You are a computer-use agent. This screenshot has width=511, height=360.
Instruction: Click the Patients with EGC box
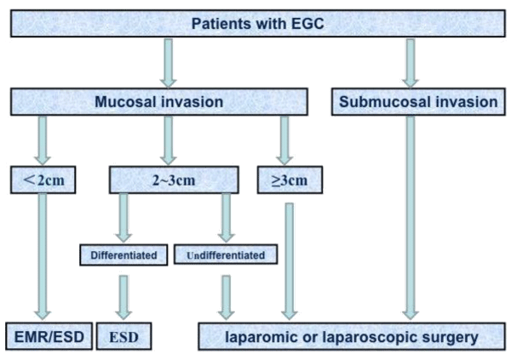[258, 24]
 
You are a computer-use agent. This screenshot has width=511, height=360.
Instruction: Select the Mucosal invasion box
[159, 101]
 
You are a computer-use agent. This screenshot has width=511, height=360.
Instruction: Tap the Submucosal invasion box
[418, 101]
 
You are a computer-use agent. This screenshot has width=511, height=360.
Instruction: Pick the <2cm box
[43, 180]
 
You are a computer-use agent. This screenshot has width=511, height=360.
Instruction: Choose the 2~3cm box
[174, 180]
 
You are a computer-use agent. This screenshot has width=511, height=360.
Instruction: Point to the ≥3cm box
[290, 180]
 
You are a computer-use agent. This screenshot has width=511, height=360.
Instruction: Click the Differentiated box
[123, 254]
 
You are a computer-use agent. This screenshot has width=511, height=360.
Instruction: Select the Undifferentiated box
[226, 254]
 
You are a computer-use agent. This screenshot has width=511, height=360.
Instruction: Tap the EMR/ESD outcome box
[49, 336]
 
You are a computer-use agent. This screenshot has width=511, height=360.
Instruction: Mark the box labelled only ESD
[123, 336]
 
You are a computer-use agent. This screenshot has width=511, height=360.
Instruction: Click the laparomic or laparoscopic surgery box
[352, 336]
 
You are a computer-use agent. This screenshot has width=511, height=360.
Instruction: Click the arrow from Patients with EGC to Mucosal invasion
[168, 63]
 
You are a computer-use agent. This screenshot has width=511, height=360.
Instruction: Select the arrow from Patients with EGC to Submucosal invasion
[411, 63]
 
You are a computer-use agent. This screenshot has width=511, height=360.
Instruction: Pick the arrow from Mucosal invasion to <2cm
[43, 140]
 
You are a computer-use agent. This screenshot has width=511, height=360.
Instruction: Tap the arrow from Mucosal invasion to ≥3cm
[284, 140]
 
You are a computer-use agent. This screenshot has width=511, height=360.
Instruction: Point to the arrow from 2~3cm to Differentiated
[123, 218]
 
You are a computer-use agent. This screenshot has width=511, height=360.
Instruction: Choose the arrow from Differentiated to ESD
[123, 298]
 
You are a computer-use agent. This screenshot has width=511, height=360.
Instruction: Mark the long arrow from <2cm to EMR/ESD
[43, 257]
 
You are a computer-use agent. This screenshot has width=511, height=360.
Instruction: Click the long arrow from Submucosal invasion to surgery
[411, 218]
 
